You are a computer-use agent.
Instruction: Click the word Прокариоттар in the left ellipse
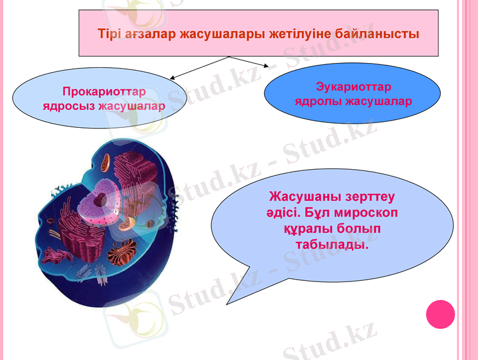[104, 92]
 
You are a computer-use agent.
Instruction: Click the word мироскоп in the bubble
[366, 213]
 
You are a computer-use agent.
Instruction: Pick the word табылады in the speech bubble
[331, 245]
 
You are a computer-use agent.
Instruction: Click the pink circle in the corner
[440, 314]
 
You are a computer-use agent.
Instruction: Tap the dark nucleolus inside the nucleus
[104, 199]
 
